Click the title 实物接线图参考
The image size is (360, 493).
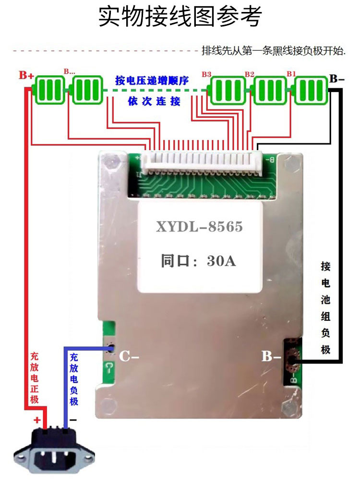pos(180,18)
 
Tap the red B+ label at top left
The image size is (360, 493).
pos(26,76)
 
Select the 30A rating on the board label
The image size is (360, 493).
pos(221,262)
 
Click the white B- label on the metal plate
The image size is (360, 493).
pos(271,357)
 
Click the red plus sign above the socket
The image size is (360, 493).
pos(37,419)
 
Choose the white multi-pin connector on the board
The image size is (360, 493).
pos(204,161)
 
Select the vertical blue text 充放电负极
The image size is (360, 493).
pos(73,379)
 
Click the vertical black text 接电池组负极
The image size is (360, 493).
pos(326,307)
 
